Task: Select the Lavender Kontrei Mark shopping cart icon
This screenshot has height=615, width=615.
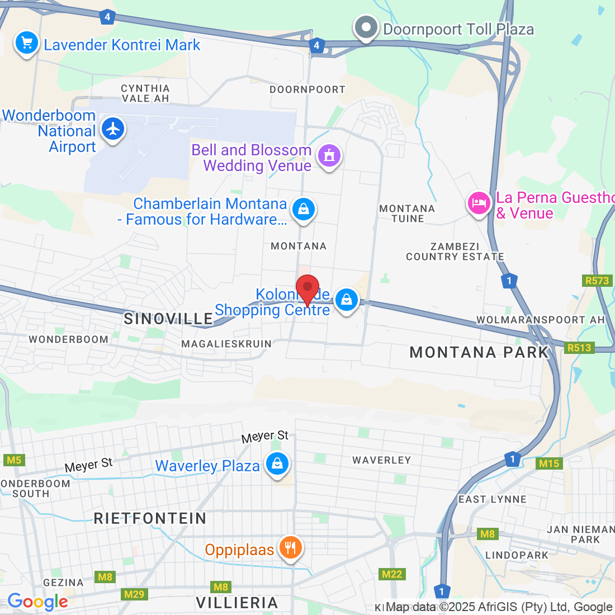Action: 26,43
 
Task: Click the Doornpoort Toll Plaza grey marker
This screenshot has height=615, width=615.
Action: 366,27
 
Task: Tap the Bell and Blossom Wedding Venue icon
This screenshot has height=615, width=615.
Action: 329,156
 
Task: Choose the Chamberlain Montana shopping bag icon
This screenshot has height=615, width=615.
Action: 303,210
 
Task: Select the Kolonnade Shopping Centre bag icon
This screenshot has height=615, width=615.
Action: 347,300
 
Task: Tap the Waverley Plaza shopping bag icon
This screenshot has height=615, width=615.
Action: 277,463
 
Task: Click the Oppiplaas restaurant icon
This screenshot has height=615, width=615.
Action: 290,548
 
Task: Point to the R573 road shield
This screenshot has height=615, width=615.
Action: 597,281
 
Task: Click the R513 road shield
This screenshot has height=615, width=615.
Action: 579,348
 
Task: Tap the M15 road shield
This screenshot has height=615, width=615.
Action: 549,463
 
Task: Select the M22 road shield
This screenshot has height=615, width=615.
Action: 392,574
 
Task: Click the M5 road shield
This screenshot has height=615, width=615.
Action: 13,460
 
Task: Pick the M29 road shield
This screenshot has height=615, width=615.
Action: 134,594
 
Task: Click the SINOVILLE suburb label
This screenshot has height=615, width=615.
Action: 168,319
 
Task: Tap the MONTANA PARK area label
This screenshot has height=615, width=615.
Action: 479,352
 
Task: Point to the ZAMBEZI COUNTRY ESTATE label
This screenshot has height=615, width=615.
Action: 455,252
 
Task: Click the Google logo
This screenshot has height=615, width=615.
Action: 37,602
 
